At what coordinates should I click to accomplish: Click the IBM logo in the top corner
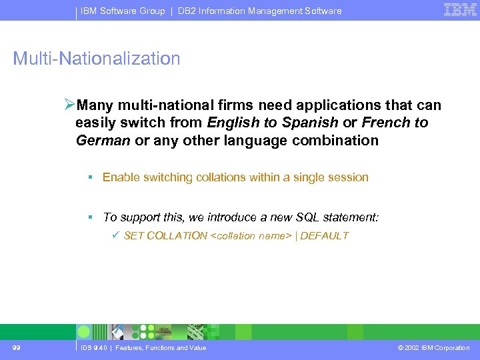click(x=460, y=10)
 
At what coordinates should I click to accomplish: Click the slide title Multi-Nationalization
click(x=97, y=59)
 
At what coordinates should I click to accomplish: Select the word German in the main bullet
click(x=103, y=141)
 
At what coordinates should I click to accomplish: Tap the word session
click(x=347, y=177)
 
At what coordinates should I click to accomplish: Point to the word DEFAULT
click(x=325, y=235)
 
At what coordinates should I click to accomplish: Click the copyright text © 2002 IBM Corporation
click(x=433, y=348)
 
